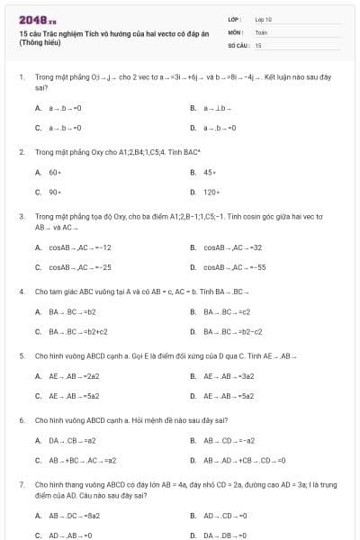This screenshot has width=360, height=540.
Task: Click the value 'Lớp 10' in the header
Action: click(x=263, y=18)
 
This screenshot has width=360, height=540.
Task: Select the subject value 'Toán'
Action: click(x=261, y=31)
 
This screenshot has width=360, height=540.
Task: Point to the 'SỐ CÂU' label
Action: click(x=236, y=44)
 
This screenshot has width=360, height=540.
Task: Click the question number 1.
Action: click(x=21, y=78)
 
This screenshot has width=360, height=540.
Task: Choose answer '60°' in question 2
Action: click(x=55, y=172)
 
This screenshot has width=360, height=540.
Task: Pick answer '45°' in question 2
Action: click(x=210, y=172)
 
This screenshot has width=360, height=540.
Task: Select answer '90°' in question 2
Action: click(x=55, y=192)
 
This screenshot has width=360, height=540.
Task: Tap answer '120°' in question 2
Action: click(x=211, y=192)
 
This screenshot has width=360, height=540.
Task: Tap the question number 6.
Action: click(x=21, y=420)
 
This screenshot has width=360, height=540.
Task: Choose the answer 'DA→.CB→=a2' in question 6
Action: click(x=72, y=441)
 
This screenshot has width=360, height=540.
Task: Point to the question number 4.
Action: click(x=21, y=292)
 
